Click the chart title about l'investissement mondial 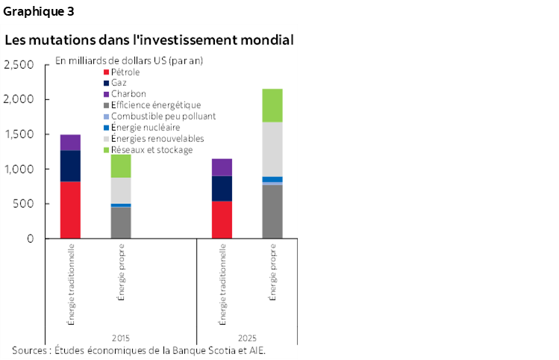click(149, 40)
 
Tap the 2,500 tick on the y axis click(19, 65)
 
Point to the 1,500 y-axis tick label click(19, 134)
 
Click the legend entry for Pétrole click(125, 72)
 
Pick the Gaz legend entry click(119, 83)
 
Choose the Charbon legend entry click(128, 94)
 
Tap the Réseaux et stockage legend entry click(151, 150)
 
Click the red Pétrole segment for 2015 click(70, 210)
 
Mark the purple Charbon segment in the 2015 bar click(70, 143)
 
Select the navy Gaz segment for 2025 click(222, 188)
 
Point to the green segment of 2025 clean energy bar click(272, 105)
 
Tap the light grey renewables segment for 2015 click(121, 190)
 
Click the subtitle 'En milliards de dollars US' click(129, 60)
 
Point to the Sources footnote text click(139, 350)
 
